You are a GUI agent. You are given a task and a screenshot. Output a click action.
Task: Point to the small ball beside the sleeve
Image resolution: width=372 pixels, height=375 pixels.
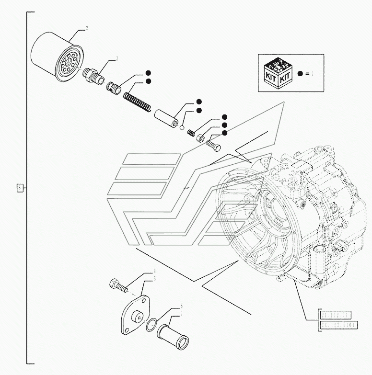182,127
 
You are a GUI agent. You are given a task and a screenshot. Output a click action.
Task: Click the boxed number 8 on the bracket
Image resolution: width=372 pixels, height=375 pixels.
20,188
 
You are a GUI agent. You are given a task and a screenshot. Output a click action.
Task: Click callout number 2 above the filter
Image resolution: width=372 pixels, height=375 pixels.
87,29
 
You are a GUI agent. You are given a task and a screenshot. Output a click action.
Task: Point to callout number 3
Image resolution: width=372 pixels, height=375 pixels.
116,58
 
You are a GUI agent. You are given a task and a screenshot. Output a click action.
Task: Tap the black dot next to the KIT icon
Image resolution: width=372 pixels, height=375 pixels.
300,74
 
